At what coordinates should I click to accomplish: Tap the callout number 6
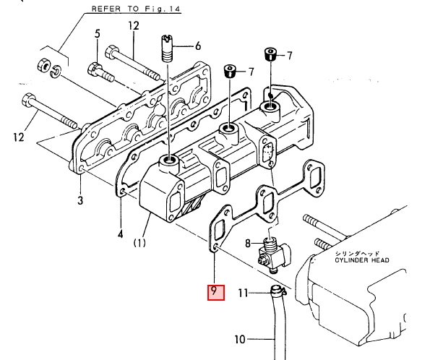coord(198,46)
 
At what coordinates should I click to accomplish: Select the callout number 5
coord(97,34)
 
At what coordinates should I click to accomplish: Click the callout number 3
coord(80,200)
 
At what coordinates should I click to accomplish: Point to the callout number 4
coord(121,234)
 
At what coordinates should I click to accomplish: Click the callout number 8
coord(248,243)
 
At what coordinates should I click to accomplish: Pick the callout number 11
coord(244,293)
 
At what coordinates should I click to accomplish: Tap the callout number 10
coord(240,339)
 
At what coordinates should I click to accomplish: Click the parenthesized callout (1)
coord(139,243)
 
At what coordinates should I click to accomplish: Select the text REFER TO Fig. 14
coord(136,9)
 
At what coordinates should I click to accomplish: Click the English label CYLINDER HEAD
coord(362,260)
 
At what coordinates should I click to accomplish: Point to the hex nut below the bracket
coord(43,65)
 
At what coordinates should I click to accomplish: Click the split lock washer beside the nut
coord(56,72)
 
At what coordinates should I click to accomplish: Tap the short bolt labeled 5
coord(101,73)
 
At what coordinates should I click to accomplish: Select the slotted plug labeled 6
coord(168,48)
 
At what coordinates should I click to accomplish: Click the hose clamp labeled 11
coord(278,291)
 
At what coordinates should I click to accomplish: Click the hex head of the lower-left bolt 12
coord(28,101)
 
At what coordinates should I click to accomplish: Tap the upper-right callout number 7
coord(290,56)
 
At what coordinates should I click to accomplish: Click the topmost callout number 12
coord(134,26)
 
